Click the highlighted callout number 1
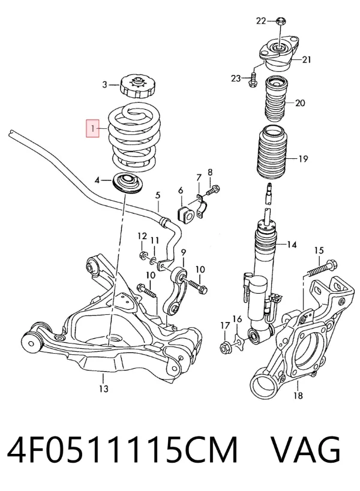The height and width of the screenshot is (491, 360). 93,128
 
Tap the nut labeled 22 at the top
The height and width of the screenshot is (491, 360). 280,22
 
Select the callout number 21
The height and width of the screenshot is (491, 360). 306,59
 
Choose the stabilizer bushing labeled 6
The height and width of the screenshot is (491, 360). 184,213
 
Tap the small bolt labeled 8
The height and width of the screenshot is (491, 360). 213,190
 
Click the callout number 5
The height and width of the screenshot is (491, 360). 158,195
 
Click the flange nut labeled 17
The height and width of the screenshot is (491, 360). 226,347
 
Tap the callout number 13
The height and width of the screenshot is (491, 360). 104,388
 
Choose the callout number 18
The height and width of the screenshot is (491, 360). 298,396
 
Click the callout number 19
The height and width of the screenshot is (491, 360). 303,159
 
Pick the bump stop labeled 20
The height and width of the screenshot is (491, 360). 275,98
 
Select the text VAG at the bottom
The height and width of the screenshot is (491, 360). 305,450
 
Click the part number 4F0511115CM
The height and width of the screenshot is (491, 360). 122,450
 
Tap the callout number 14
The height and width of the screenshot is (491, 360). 292,245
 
